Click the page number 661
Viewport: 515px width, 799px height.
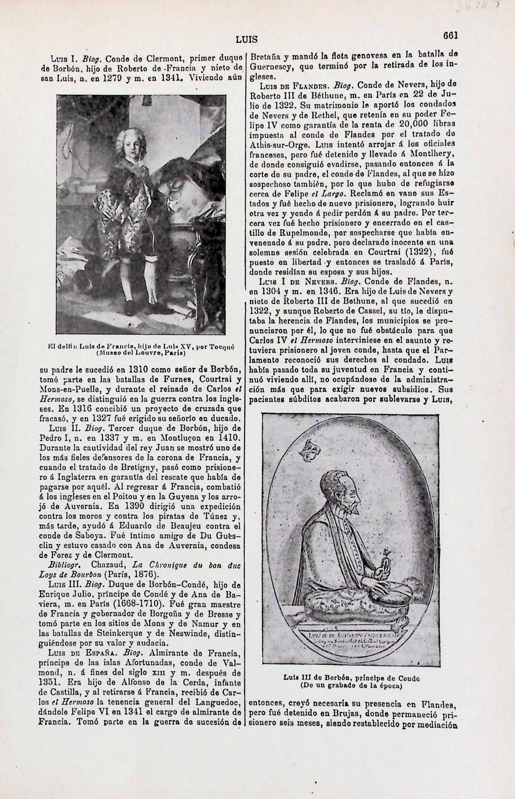450,35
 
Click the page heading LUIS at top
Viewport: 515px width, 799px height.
246,40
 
